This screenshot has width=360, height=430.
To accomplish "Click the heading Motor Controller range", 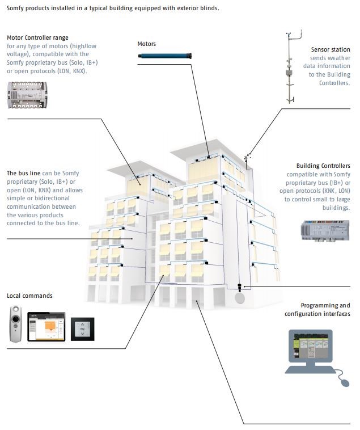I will click(37, 37).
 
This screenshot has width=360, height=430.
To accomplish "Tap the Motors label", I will click(146, 44).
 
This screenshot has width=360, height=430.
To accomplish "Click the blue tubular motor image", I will click(166, 56).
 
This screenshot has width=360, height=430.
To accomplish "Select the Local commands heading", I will click(29, 296).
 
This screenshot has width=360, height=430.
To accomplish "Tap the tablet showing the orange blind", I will click(46, 326).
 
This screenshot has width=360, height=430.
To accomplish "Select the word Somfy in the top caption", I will click(16, 9).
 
